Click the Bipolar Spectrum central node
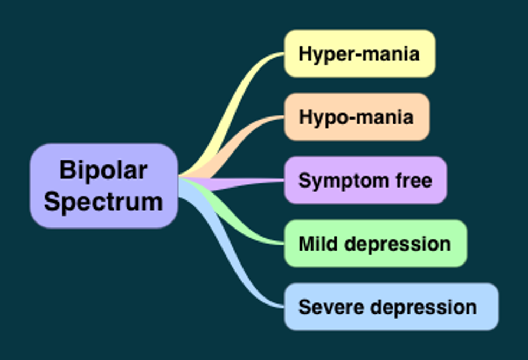click(103, 186)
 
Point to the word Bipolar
click(103, 170)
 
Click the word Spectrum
click(103, 201)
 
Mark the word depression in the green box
click(398, 244)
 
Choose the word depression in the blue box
click(423, 307)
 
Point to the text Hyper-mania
click(359, 54)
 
